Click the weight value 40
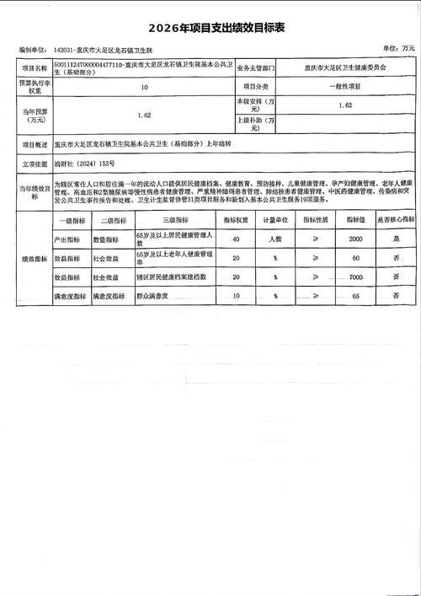[x=237, y=239]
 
